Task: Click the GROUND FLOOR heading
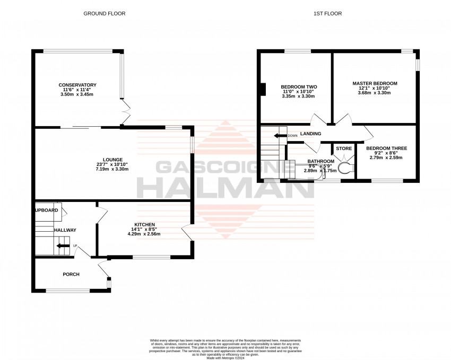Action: tap(105, 13)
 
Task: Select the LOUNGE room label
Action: tap(114, 160)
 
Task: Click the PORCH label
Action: tap(71, 274)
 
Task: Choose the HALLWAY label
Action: tap(65, 230)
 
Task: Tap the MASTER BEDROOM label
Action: tap(375, 83)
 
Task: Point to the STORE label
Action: tap(343, 148)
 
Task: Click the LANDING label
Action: tap(310, 134)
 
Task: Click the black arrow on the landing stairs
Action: tap(279, 136)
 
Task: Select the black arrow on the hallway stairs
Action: tap(63, 245)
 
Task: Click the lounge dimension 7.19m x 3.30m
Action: tap(114, 169)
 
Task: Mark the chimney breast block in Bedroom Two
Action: tap(262, 90)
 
